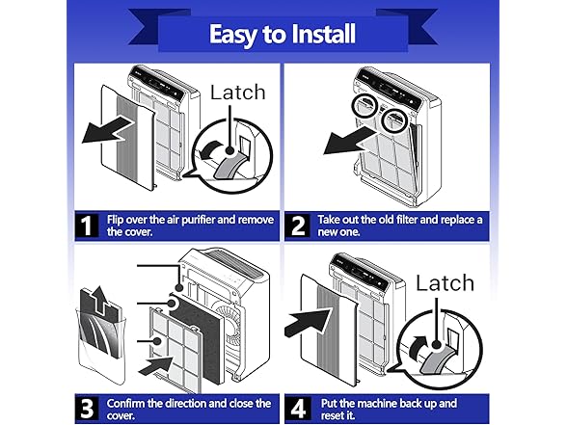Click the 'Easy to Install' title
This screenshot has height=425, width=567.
point(282,35)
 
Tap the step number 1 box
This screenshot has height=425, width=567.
point(87,226)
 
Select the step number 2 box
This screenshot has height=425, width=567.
point(298,226)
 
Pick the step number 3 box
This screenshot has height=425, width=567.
point(87,409)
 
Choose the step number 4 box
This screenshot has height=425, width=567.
point(298,409)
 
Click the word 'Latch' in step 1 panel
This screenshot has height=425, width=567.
point(238,93)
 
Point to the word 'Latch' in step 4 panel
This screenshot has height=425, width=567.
point(445,283)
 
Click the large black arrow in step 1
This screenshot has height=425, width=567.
point(107,130)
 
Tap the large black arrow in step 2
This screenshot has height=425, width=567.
point(349,142)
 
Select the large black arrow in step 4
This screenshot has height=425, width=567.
point(308,323)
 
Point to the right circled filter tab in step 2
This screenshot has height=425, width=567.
point(395,120)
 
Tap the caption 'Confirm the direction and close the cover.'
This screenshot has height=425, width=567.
point(189,409)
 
